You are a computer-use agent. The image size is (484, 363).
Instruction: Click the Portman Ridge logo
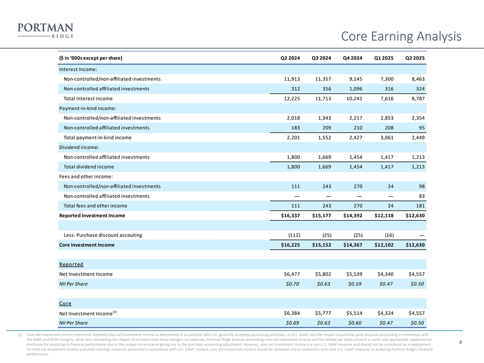pyautogui.click(x=45, y=30)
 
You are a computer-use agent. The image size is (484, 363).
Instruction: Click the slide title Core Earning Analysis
pyautogui.click(x=401, y=36)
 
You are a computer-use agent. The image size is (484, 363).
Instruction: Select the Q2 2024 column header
pyautogui.click(x=290, y=58)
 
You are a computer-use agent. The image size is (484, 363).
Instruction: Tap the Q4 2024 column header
pyautogui.click(x=352, y=58)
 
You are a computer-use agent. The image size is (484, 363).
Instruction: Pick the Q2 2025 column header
pyautogui.click(x=415, y=58)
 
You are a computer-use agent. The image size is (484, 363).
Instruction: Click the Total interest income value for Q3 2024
pyautogui.click(x=321, y=98)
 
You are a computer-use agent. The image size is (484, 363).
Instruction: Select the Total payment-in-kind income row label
pyautogui.click(x=97, y=137)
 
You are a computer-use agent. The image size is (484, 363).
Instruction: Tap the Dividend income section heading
pyautogui.click(x=78, y=147)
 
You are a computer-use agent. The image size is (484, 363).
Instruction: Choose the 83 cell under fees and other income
pyautogui.click(x=421, y=196)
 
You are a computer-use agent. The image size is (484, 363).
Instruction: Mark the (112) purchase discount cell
pyautogui.click(x=294, y=235)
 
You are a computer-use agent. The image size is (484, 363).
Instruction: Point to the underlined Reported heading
pyautogui.click(x=71, y=264)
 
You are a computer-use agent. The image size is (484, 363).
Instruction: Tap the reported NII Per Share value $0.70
pyautogui.click(x=292, y=284)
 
